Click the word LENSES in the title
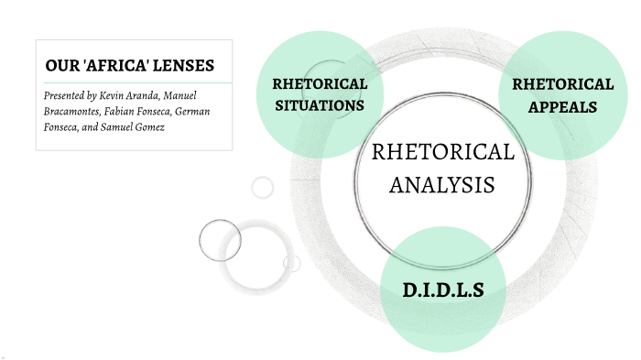pyautogui.click(x=187, y=66)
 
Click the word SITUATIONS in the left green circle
pyautogui.click(x=319, y=104)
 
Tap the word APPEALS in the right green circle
pyautogui.click(x=562, y=106)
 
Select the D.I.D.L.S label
pyautogui.click(x=442, y=292)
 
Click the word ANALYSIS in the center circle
pyautogui.click(x=441, y=184)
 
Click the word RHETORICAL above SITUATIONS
pyautogui.click(x=320, y=83)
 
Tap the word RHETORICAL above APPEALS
pyautogui.click(x=562, y=84)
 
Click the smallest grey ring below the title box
pyautogui.click(x=263, y=187)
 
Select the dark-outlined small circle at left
pyautogui.click(x=220, y=240)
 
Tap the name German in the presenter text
pyautogui.click(x=201, y=111)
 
